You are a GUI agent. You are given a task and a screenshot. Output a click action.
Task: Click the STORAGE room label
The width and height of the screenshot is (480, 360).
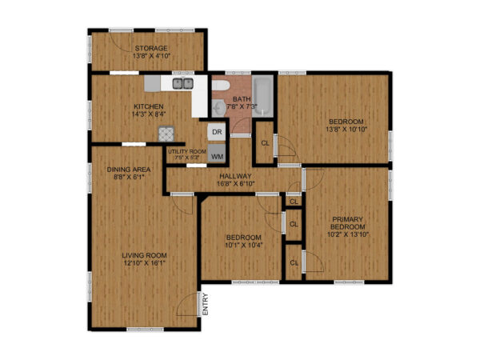(x=150, y=48)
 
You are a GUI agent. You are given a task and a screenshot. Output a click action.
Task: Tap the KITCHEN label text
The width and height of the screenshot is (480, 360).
(x=148, y=106)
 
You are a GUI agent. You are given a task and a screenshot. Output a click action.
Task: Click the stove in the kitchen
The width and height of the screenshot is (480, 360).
(x=166, y=134)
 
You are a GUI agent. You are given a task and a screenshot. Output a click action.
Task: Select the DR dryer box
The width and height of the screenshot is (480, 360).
(x=217, y=131)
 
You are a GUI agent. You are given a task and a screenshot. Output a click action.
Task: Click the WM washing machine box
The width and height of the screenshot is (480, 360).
(x=217, y=156)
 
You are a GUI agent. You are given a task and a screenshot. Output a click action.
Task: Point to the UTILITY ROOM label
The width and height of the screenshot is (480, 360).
(x=186, y=151)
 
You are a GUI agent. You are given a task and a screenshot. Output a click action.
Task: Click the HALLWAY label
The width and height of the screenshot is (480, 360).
(x=235, y=176)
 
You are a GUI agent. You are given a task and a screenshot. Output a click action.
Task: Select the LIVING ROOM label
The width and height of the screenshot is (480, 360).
(x=144, y=256)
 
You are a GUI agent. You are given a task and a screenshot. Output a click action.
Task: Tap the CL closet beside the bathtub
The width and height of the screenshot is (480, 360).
(x=265, y=143)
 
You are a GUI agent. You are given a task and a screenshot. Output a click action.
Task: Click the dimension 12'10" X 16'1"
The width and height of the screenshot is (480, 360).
(x=144, y=265)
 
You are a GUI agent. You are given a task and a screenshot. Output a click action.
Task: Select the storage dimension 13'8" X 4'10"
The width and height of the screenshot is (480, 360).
(x=150, y=56)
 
